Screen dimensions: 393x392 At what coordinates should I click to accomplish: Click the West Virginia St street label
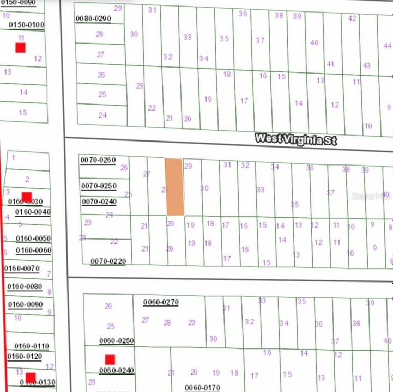296,139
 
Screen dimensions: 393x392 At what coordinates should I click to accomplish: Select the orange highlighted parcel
174,187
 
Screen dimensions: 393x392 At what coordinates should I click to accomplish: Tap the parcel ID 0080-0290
93,19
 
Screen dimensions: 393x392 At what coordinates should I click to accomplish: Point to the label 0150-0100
27,25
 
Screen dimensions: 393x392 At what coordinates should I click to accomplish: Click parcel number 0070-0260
98,160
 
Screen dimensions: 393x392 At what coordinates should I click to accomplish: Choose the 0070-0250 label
99,186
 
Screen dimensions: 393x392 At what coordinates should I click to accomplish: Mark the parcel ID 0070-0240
99,201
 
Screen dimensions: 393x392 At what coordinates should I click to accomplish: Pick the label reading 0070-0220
108,261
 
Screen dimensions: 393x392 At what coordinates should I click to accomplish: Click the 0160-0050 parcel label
33,238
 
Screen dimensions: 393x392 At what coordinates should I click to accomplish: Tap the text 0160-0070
22,268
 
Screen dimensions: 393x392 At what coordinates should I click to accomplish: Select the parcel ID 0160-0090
25,304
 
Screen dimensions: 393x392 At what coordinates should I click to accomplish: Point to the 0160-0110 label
31,346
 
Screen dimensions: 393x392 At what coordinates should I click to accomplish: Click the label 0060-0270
161,302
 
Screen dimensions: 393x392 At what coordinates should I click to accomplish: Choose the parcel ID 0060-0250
117,341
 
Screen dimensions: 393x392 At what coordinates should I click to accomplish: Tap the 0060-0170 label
202,388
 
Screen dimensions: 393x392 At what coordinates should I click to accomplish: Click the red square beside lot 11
21,48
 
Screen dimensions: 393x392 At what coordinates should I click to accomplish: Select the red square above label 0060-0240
110,359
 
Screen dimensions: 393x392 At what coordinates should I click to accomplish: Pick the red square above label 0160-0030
27,197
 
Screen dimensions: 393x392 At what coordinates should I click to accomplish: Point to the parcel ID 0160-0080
25,286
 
